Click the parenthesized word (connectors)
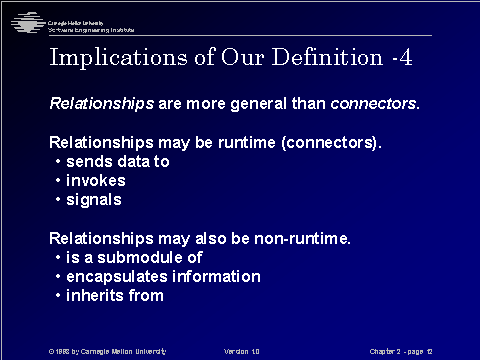(329, 142)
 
